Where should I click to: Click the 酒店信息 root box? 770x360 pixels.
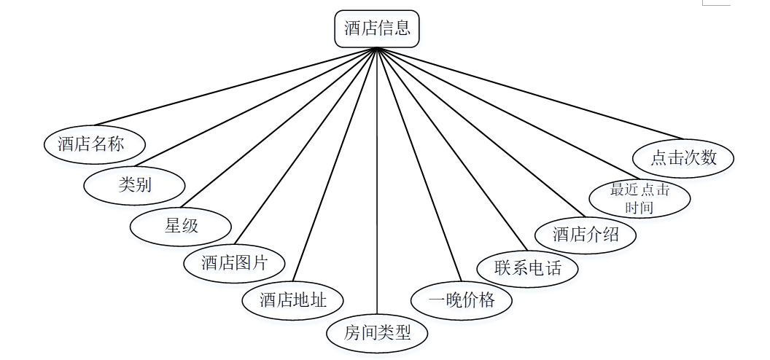pos(377,29)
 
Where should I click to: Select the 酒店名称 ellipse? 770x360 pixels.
pos(94,144)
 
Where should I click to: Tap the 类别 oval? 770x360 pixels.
pos(135,185)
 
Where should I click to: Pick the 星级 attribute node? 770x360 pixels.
pos(181,226)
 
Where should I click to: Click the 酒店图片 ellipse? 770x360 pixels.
pos(234,263)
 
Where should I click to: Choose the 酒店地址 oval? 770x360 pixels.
pos(292,300)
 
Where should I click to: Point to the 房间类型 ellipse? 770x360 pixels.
pos(377,334)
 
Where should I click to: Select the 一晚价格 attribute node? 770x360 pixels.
pos(462,300)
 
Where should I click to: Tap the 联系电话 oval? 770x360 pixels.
pos(527,268)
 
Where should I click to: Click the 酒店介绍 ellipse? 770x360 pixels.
pos(586,235)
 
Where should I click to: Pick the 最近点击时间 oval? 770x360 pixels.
pos(639,198)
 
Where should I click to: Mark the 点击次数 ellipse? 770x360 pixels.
pos(683,158)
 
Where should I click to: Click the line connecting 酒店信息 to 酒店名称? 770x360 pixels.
pos(236,86)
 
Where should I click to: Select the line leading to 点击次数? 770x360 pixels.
pos(530,93)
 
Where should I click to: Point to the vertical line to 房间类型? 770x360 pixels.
pos(377,181)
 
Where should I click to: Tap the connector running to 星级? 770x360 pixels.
pos(279,128)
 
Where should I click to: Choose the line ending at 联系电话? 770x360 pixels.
pos(452,149)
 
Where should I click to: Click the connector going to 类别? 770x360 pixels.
pos(256,107)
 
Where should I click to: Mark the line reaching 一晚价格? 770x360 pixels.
pos(419,164)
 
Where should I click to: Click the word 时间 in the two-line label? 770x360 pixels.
pos(639,207)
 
